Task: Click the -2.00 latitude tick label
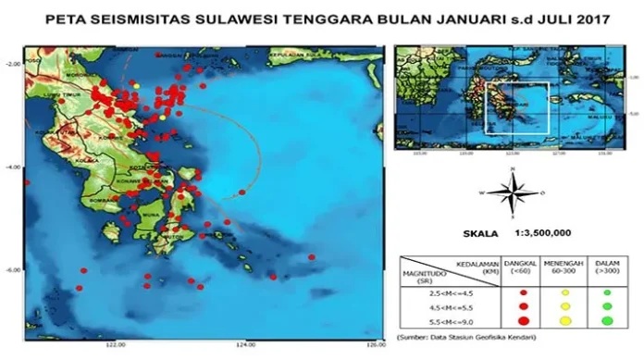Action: click(12, 64)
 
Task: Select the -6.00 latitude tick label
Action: click(12, 270)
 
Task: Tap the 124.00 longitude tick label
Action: click(245, 344)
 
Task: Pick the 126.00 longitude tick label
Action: click(374, 344)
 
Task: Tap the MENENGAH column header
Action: click(566, 267)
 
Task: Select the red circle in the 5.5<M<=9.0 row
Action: click(524, 320)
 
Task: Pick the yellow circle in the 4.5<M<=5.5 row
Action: click(566, 306)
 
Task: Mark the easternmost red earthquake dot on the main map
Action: click(312, 256)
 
